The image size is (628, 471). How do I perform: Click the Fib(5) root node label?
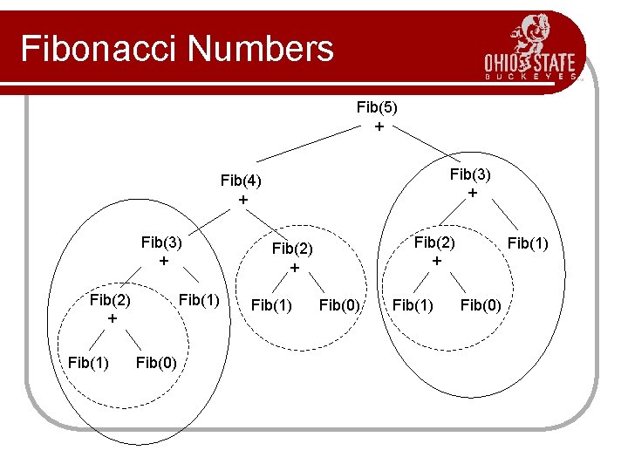click(377, 107)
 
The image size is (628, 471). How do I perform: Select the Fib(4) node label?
click(242, 181)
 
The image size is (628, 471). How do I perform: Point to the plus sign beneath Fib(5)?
click(378, 126)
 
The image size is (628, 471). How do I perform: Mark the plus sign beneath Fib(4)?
click(242, 200)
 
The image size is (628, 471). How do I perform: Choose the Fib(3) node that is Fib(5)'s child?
click(471, 174)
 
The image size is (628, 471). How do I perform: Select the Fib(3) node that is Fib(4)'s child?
click(161, 242)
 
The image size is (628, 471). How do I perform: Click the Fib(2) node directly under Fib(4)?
click(293, 249)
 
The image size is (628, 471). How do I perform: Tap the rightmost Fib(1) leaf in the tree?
click(528, 242)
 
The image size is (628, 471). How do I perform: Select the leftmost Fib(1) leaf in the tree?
click(89, 361)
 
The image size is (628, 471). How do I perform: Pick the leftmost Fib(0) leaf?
click(157, 361)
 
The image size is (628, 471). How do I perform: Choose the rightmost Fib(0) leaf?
click(481, 304)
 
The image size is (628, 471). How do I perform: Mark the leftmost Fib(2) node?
click(110, 300)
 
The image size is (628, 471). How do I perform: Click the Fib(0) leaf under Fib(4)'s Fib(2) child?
click(340, 304)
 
